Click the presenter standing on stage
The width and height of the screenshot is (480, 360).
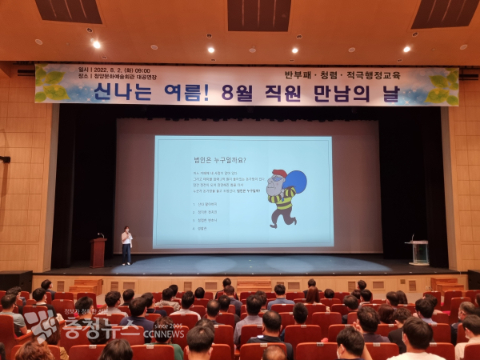126,245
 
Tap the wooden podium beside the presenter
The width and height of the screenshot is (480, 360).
98,251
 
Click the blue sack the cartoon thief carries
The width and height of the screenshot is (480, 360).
294,183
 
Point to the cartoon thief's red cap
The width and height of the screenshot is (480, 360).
278,174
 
